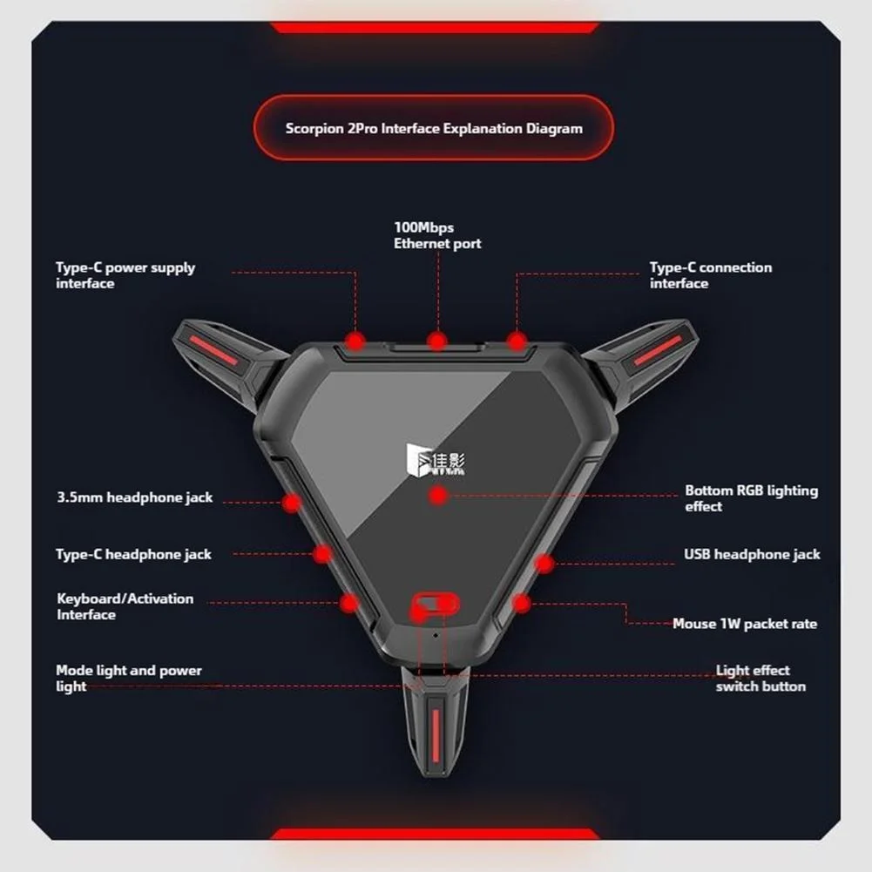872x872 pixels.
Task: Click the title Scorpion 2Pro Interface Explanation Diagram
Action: click(434, 128)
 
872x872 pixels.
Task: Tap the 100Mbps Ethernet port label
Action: click(437, 235)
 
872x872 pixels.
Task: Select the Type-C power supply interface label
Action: click(125, 275)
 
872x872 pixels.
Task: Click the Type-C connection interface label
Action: click(711, 275)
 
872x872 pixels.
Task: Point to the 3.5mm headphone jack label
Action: click(134, 497)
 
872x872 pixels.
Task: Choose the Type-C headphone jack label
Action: click(133, 554)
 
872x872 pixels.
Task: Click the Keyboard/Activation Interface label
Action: click(125, 606)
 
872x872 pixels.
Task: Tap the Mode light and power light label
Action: click(128, 678)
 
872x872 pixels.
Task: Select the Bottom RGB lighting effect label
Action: click(751, 498)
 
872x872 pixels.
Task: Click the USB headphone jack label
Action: click(752, 554)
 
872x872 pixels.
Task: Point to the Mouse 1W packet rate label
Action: click(745, 624)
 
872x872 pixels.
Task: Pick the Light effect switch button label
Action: click(760, 678)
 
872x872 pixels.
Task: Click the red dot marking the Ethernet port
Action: click(437, 341)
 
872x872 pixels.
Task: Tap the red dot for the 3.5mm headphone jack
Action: click(292, 503)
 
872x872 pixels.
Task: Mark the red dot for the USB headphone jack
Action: click(544, 564)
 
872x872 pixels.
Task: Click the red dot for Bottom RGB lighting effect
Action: click(438, 495)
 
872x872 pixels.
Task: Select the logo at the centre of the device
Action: click(436, 461)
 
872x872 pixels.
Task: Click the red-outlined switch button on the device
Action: click(435, 604)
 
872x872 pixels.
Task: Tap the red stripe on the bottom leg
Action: click(436, 735)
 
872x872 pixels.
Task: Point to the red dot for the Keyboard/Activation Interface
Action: click(349, 603)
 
